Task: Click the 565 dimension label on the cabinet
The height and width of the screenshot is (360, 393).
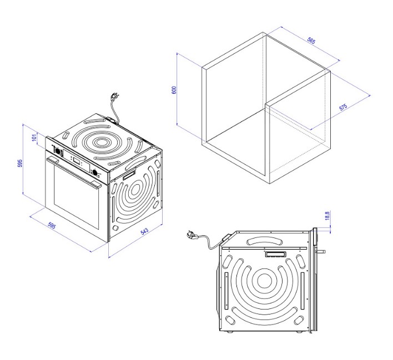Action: pos(311,41)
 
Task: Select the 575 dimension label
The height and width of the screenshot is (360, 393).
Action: pos(343,107)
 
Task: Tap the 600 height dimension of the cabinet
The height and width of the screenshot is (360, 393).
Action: pos(174,90)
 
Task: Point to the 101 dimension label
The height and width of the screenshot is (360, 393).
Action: pos(34,137)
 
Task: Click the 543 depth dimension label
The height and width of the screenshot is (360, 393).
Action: pos(144,231)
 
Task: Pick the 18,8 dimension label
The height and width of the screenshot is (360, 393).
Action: pos(327,215)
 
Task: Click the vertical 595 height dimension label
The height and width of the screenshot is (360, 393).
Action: pos(20,163)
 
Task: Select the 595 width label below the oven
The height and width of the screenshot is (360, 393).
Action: pos(52,225)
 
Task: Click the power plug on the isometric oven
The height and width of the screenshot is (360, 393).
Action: pos(114,97)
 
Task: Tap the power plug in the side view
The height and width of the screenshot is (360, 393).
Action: pos(191,235)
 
